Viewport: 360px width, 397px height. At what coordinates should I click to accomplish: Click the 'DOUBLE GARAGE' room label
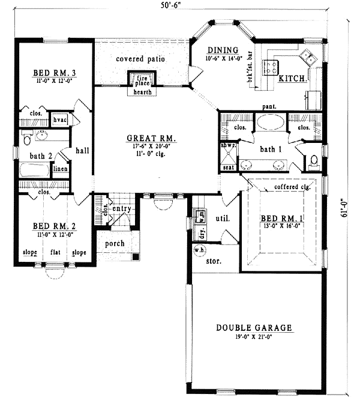254,328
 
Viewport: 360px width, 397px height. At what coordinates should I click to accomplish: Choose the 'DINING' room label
223,50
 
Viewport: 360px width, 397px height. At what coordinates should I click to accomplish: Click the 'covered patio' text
141,59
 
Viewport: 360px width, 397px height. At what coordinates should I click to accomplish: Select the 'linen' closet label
60,169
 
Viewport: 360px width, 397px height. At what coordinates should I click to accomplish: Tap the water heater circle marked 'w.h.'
199,249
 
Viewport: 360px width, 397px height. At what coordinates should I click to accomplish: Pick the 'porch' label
115,243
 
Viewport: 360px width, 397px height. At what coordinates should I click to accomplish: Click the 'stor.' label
214,262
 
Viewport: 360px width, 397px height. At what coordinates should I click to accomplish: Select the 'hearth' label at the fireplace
142,92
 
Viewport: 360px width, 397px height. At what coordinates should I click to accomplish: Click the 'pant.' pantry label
268,106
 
